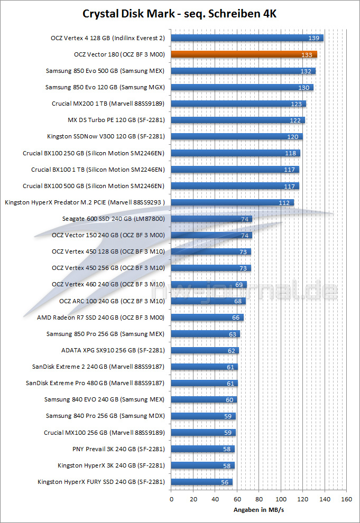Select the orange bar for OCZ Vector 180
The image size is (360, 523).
[x=243, y=54]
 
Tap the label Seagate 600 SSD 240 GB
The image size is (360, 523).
[x=113, y=219]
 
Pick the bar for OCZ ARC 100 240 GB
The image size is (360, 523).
[x=206, y=301]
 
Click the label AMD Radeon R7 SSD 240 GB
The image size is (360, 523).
[x=100, y=317]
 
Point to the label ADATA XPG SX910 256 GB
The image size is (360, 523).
[x=113, y=350]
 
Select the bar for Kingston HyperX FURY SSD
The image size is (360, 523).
[x=201, y=482]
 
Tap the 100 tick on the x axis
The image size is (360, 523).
[x=281, y=499]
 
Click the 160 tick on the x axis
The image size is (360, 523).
[x=346, y=499]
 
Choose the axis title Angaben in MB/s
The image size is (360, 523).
[x=259, y=510]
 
